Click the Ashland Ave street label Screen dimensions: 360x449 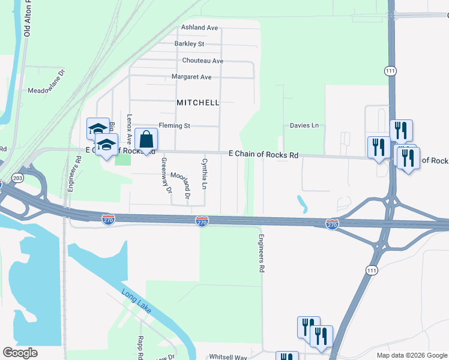pyautogui.click(x=200, y=28)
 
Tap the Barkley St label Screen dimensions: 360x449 pyautogui.click(x=189, y=44)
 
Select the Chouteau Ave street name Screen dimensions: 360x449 pyautogui.click(x=202, y=61)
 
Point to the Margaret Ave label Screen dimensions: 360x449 pyautogui.click(x=191, y=77)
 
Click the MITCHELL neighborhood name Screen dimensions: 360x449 pyautogui.click(x=198, y=103)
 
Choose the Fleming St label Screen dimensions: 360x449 pyautogui.click(x=174, y=126)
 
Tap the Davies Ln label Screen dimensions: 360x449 pyautogui.click(x=304, y=126)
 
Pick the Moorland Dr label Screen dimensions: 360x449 pyautogui.click(x=181, y=185)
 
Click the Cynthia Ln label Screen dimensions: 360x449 pyautogui.click(x=204, y=174)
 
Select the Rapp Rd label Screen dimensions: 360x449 pyautogui.click(x=140, y=346)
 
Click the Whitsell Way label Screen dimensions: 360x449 pyautogui.click(x=228, y=357)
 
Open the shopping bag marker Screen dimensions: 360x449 pyautogui.click(x=146, y=140)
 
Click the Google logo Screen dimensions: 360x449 pyautogui.click(x=20, y=353)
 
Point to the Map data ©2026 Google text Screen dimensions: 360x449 pyautogui.click(x=412, y=355)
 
